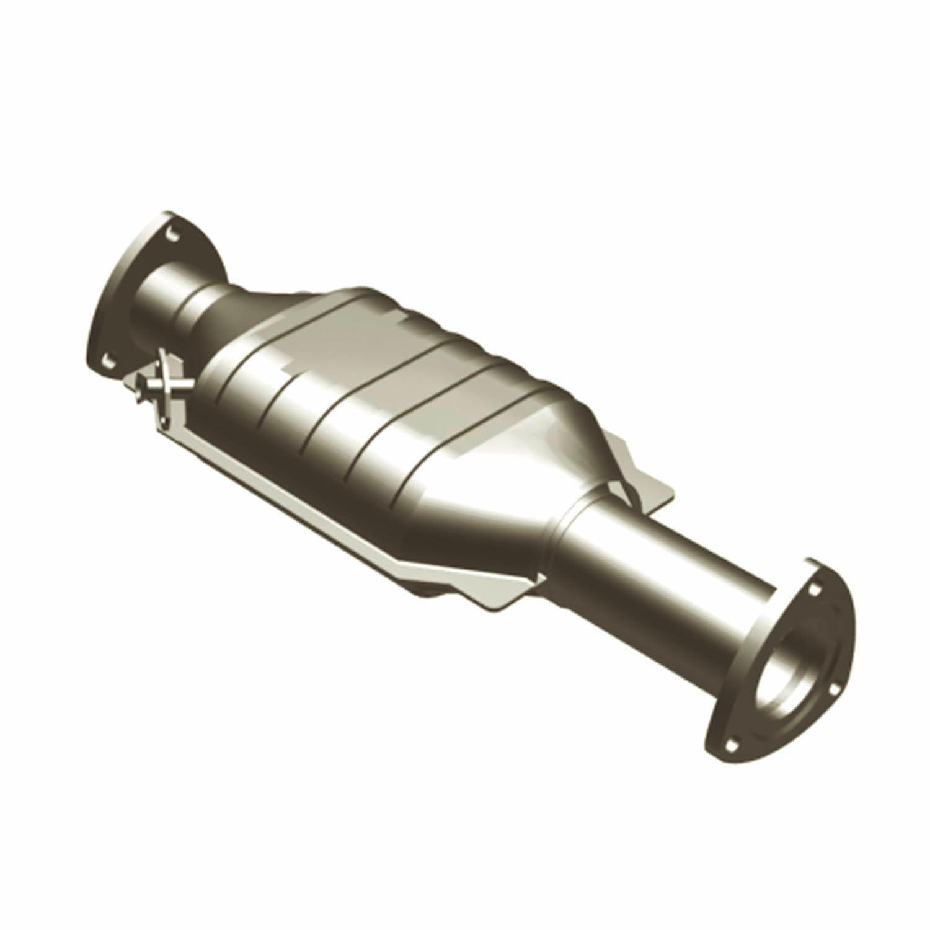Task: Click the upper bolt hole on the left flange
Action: [170, 232]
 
